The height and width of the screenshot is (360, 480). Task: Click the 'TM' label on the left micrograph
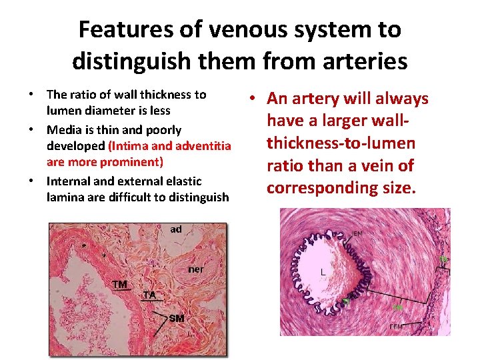tap(120, 285)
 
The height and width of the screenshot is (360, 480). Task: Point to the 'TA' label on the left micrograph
tap(150, 294)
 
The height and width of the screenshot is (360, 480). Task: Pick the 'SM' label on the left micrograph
tap(177, 318)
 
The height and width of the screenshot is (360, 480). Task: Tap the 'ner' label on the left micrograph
tap(196, 269)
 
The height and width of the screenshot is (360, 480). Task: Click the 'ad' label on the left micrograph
tap(176, 229)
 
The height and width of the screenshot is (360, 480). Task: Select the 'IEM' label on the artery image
tap(357, 234)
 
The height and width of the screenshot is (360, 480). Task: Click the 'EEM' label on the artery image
tap(396, 327)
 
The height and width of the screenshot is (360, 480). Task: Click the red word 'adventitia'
tap(203, 145)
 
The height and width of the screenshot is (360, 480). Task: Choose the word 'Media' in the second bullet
tap(63, 129)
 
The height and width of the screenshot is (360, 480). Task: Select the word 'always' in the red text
tap(401, 99)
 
